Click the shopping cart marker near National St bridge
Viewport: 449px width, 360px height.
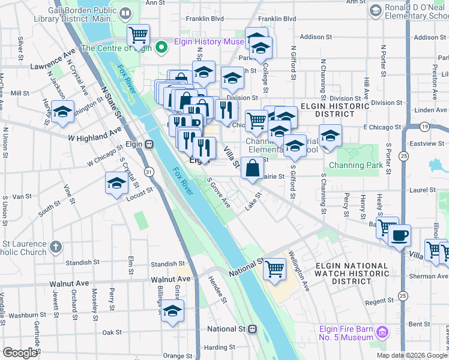(x=274, y=269)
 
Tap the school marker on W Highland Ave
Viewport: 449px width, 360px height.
(x=62, y=112)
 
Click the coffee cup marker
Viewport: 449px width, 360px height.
(x=399, y=235)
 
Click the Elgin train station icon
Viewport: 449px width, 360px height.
(x=148, y=145)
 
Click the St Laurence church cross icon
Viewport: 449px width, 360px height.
(x=55, y=247)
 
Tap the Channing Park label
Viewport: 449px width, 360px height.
(x=355, y=165)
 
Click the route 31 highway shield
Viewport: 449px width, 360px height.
(x=149, y=172)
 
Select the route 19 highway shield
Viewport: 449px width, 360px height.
(x=424, y=127)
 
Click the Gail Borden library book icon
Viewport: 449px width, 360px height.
(x=125, y=13)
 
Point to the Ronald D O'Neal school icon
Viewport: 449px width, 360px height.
(x=376, y=10)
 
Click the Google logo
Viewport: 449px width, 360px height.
(x=20, y=353)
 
